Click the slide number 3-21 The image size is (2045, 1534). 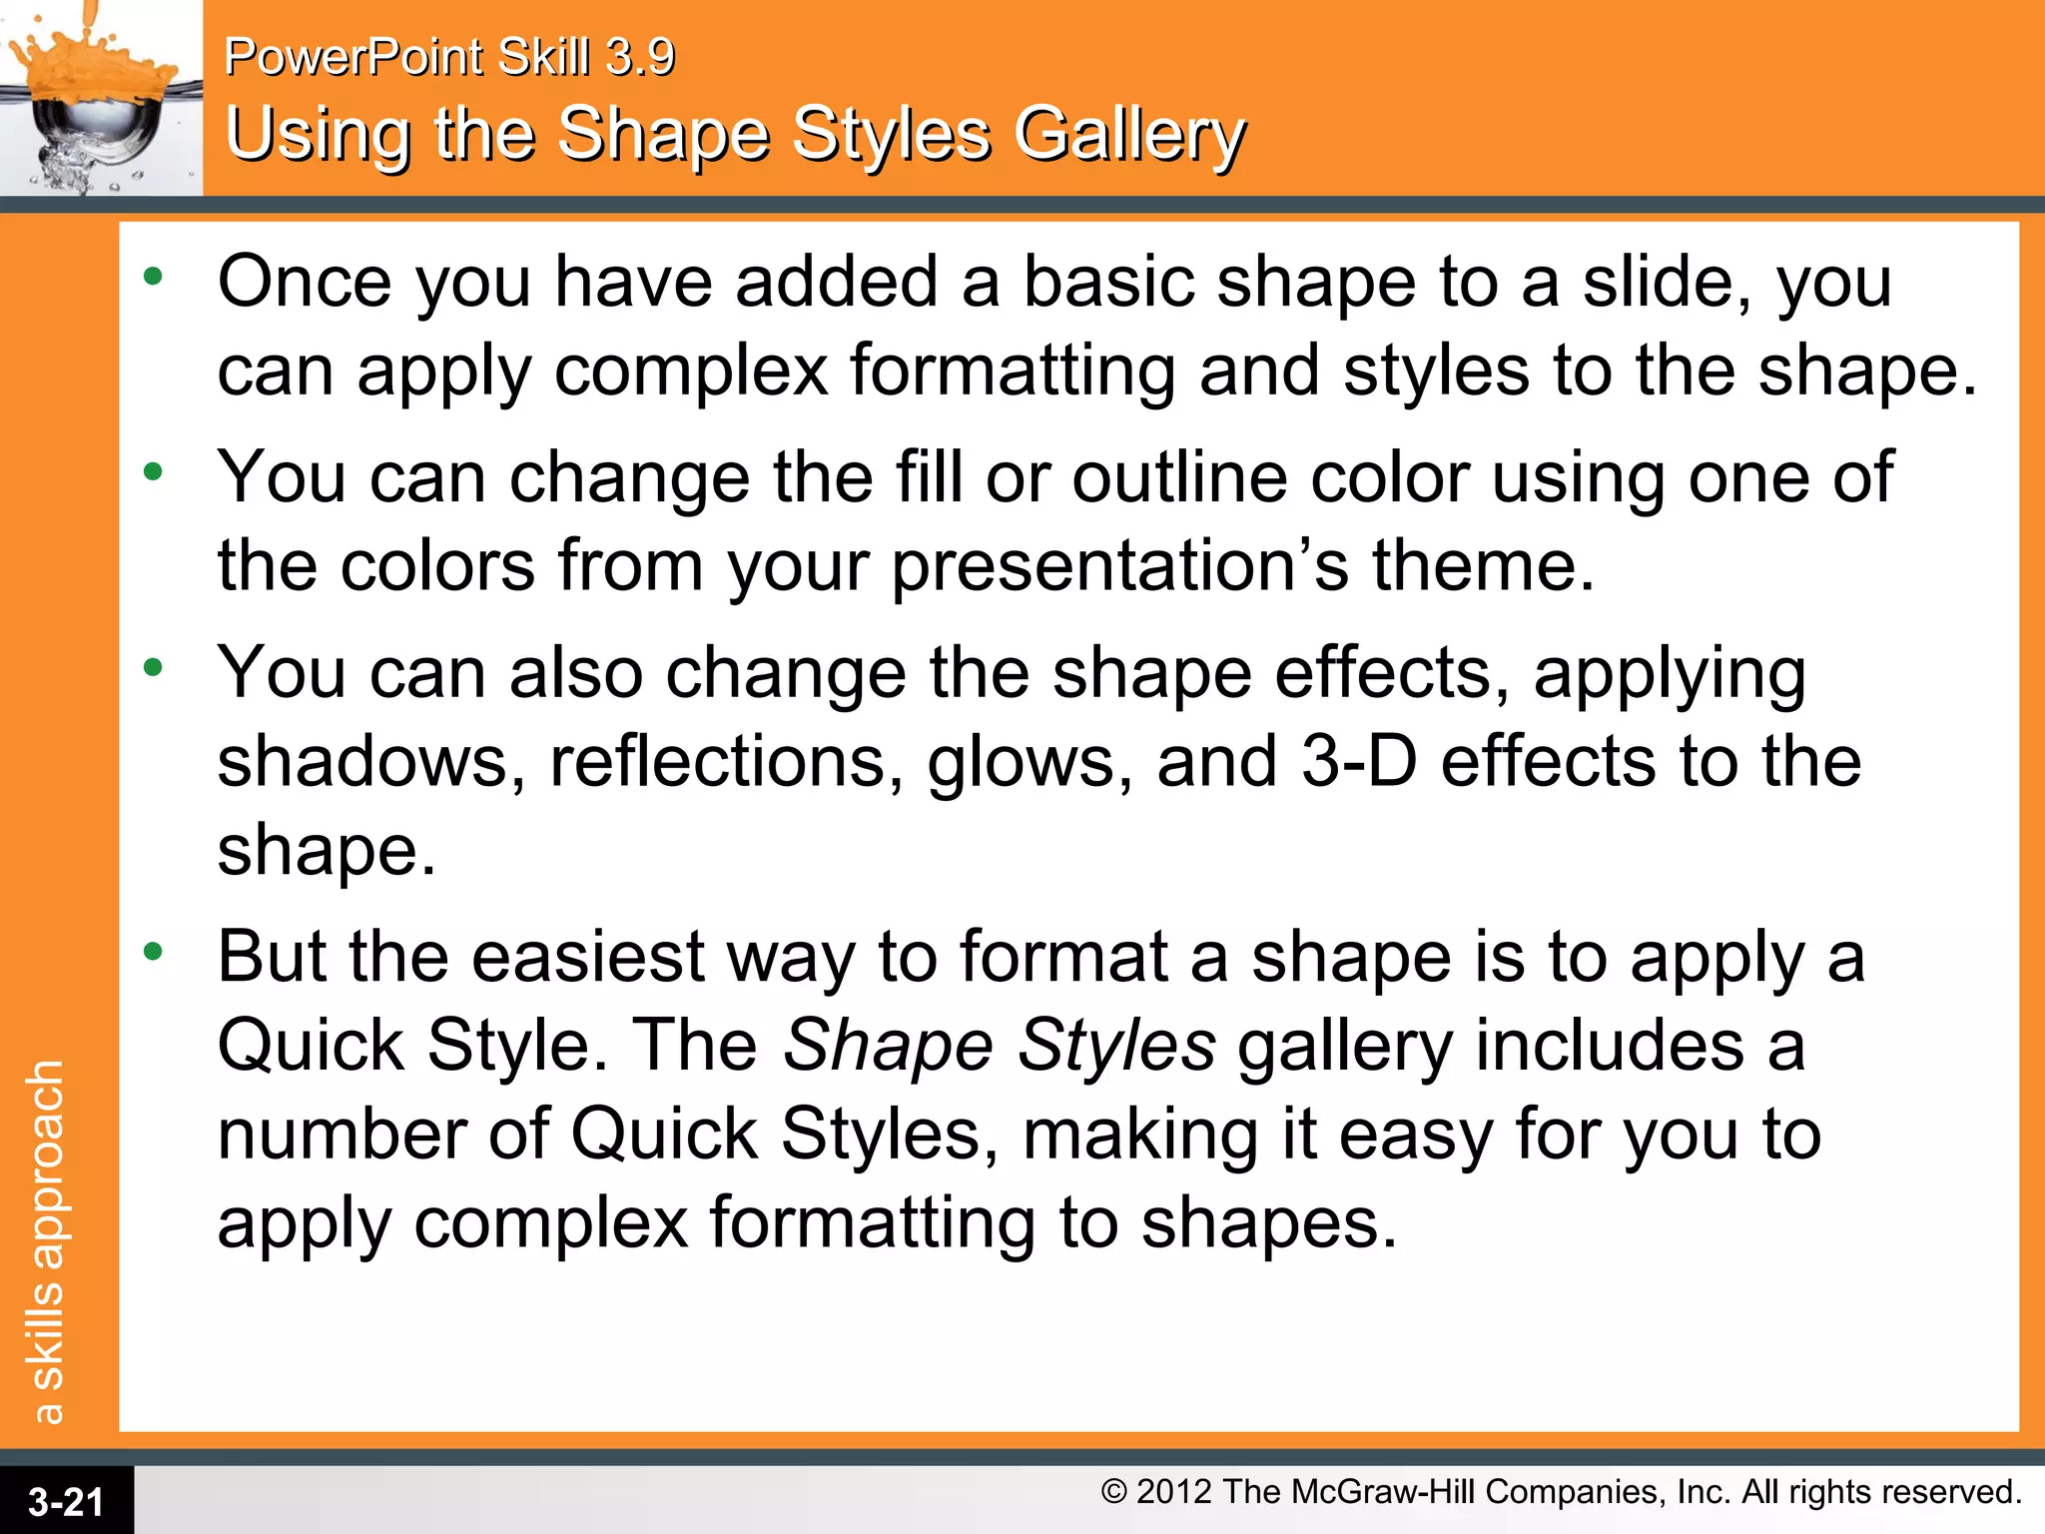pos(66,1501)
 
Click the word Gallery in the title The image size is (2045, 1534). pos(1130,137)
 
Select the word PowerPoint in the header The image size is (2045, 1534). pos(353,57)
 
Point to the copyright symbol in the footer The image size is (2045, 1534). pos(1114,1492)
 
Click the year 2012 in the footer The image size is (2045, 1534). pos(1174,1492)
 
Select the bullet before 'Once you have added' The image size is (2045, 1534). pos(152,277)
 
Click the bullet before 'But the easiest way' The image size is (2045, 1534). pos(152,952)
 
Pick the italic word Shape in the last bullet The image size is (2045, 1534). pos(887,1047)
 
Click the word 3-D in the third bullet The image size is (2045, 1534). pos(1359,762)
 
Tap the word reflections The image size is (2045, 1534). pos(727,762)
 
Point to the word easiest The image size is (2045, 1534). pos(587,957)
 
